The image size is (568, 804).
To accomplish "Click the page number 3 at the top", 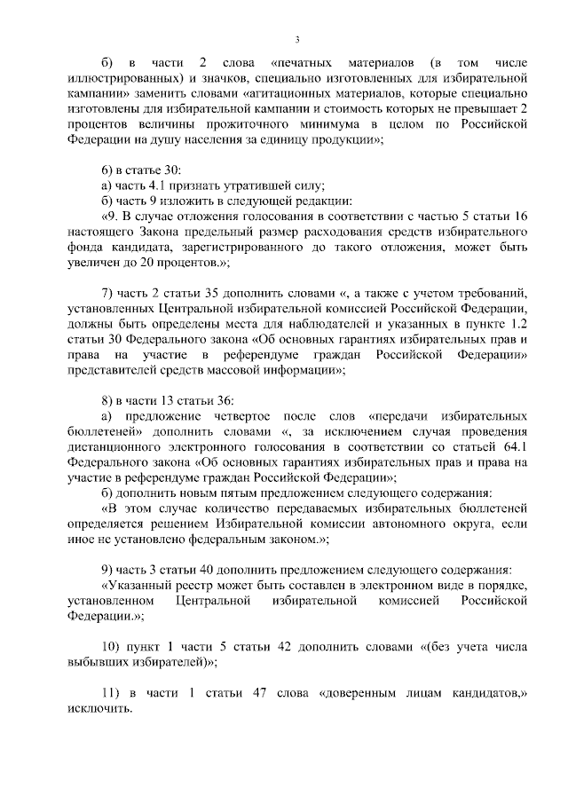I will pyautogui.click(x=298, y=40).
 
